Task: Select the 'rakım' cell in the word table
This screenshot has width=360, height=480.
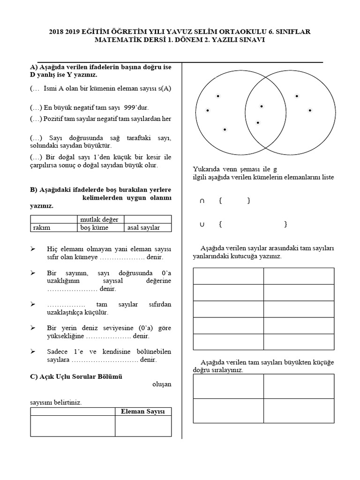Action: [x=41, y=228]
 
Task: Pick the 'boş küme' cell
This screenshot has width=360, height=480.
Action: [x=94, y=228]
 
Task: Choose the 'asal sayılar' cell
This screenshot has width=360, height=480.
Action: [x=143, y=228]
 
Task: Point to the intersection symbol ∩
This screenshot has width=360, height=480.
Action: [x=202, y=201]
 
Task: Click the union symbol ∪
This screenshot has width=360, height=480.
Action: [x=202, y=225]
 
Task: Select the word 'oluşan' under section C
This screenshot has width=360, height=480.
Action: [x=162, y=384]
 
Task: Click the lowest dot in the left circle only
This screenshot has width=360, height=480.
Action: [x=225, y=129]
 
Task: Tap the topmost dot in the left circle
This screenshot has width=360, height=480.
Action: [x=218, y=96]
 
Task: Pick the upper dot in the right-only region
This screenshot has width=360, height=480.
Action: [x=297, y=96]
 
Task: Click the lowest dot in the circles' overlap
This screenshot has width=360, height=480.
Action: [x=258, y=123]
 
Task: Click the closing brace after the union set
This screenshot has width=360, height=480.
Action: [x=285, y=225]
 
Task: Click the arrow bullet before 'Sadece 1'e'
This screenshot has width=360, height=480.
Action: [x=33, y=351]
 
